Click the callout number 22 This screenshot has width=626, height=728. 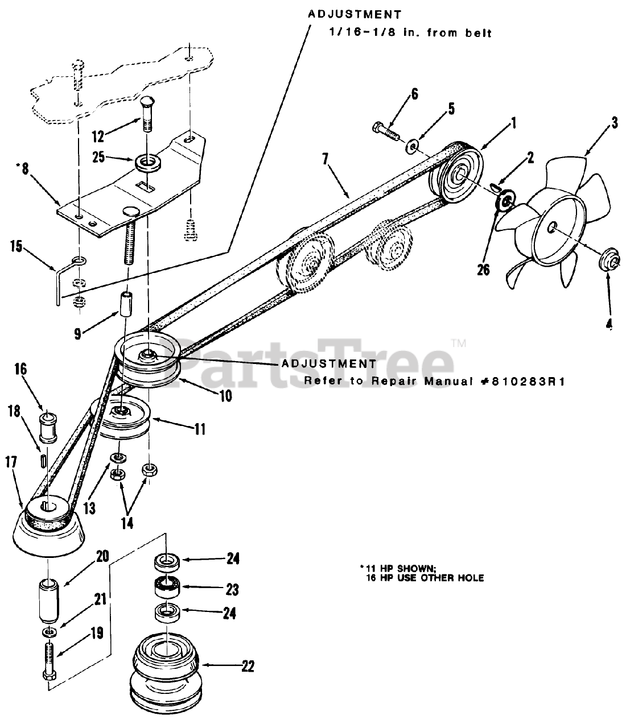(x=248, y=666)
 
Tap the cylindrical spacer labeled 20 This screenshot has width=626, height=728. (x=49, y=601)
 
